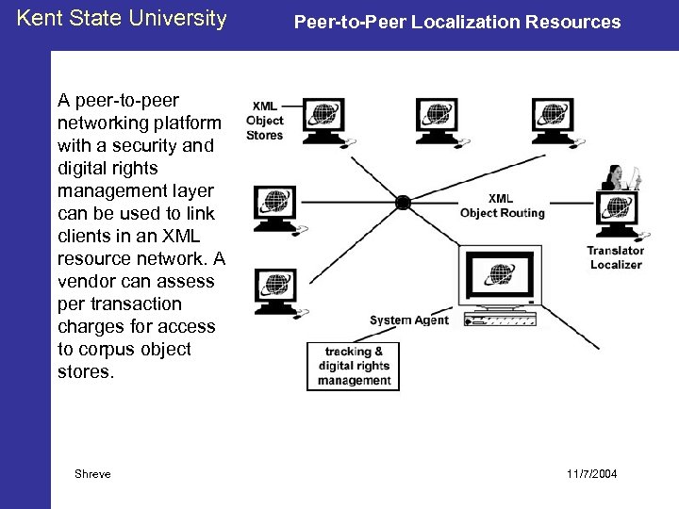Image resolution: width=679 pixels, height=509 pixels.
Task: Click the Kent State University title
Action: (123, 18)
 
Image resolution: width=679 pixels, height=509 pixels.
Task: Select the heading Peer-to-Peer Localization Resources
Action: (457, 20)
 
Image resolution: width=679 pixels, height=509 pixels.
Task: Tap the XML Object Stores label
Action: (264, 121)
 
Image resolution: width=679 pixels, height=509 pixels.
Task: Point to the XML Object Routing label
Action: (502, 205)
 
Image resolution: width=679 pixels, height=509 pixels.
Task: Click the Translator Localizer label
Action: (615, 257)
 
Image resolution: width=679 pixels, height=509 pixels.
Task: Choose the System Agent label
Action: (409, 320)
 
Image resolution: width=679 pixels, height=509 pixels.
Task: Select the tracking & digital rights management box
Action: (354, 366)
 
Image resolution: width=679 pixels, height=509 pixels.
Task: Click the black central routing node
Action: (403, 201)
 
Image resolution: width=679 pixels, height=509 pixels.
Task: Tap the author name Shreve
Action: (92, 473)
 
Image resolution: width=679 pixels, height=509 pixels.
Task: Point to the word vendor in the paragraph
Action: (89, 281)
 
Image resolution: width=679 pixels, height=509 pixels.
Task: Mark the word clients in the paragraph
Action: (82, 236)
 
